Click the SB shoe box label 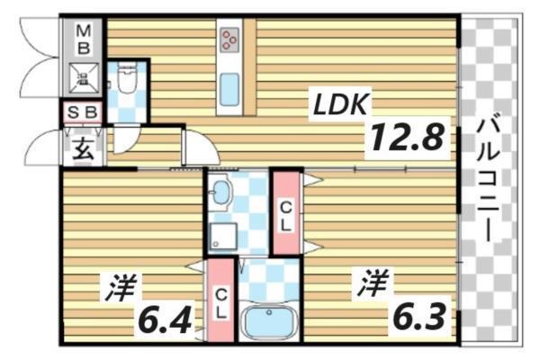(x=83, y=113)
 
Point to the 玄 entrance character (x=83, y=148)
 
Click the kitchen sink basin (x=229, y=90)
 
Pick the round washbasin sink (x=220, y=192)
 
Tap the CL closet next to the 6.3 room (x=284, y=212)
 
